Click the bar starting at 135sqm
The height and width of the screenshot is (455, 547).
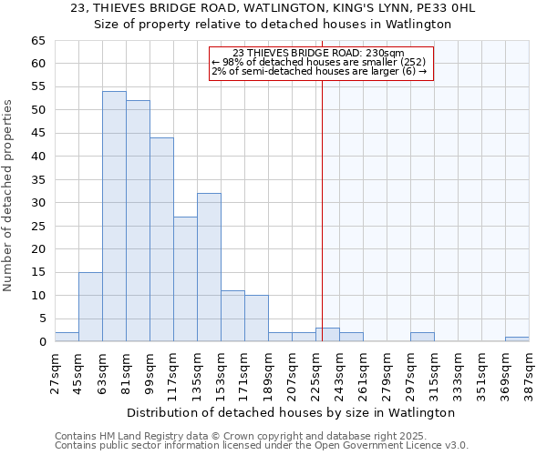[x=209, y=268]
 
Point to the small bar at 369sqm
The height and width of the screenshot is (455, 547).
[x=517, y=339]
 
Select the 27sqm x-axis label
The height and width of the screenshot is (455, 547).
[x=55, y=370]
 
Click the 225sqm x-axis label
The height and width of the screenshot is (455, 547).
[x=315, y=370]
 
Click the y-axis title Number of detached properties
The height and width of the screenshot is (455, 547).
[x=9, y=196]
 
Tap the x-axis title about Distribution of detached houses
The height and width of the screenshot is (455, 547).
[x=290, y=412]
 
